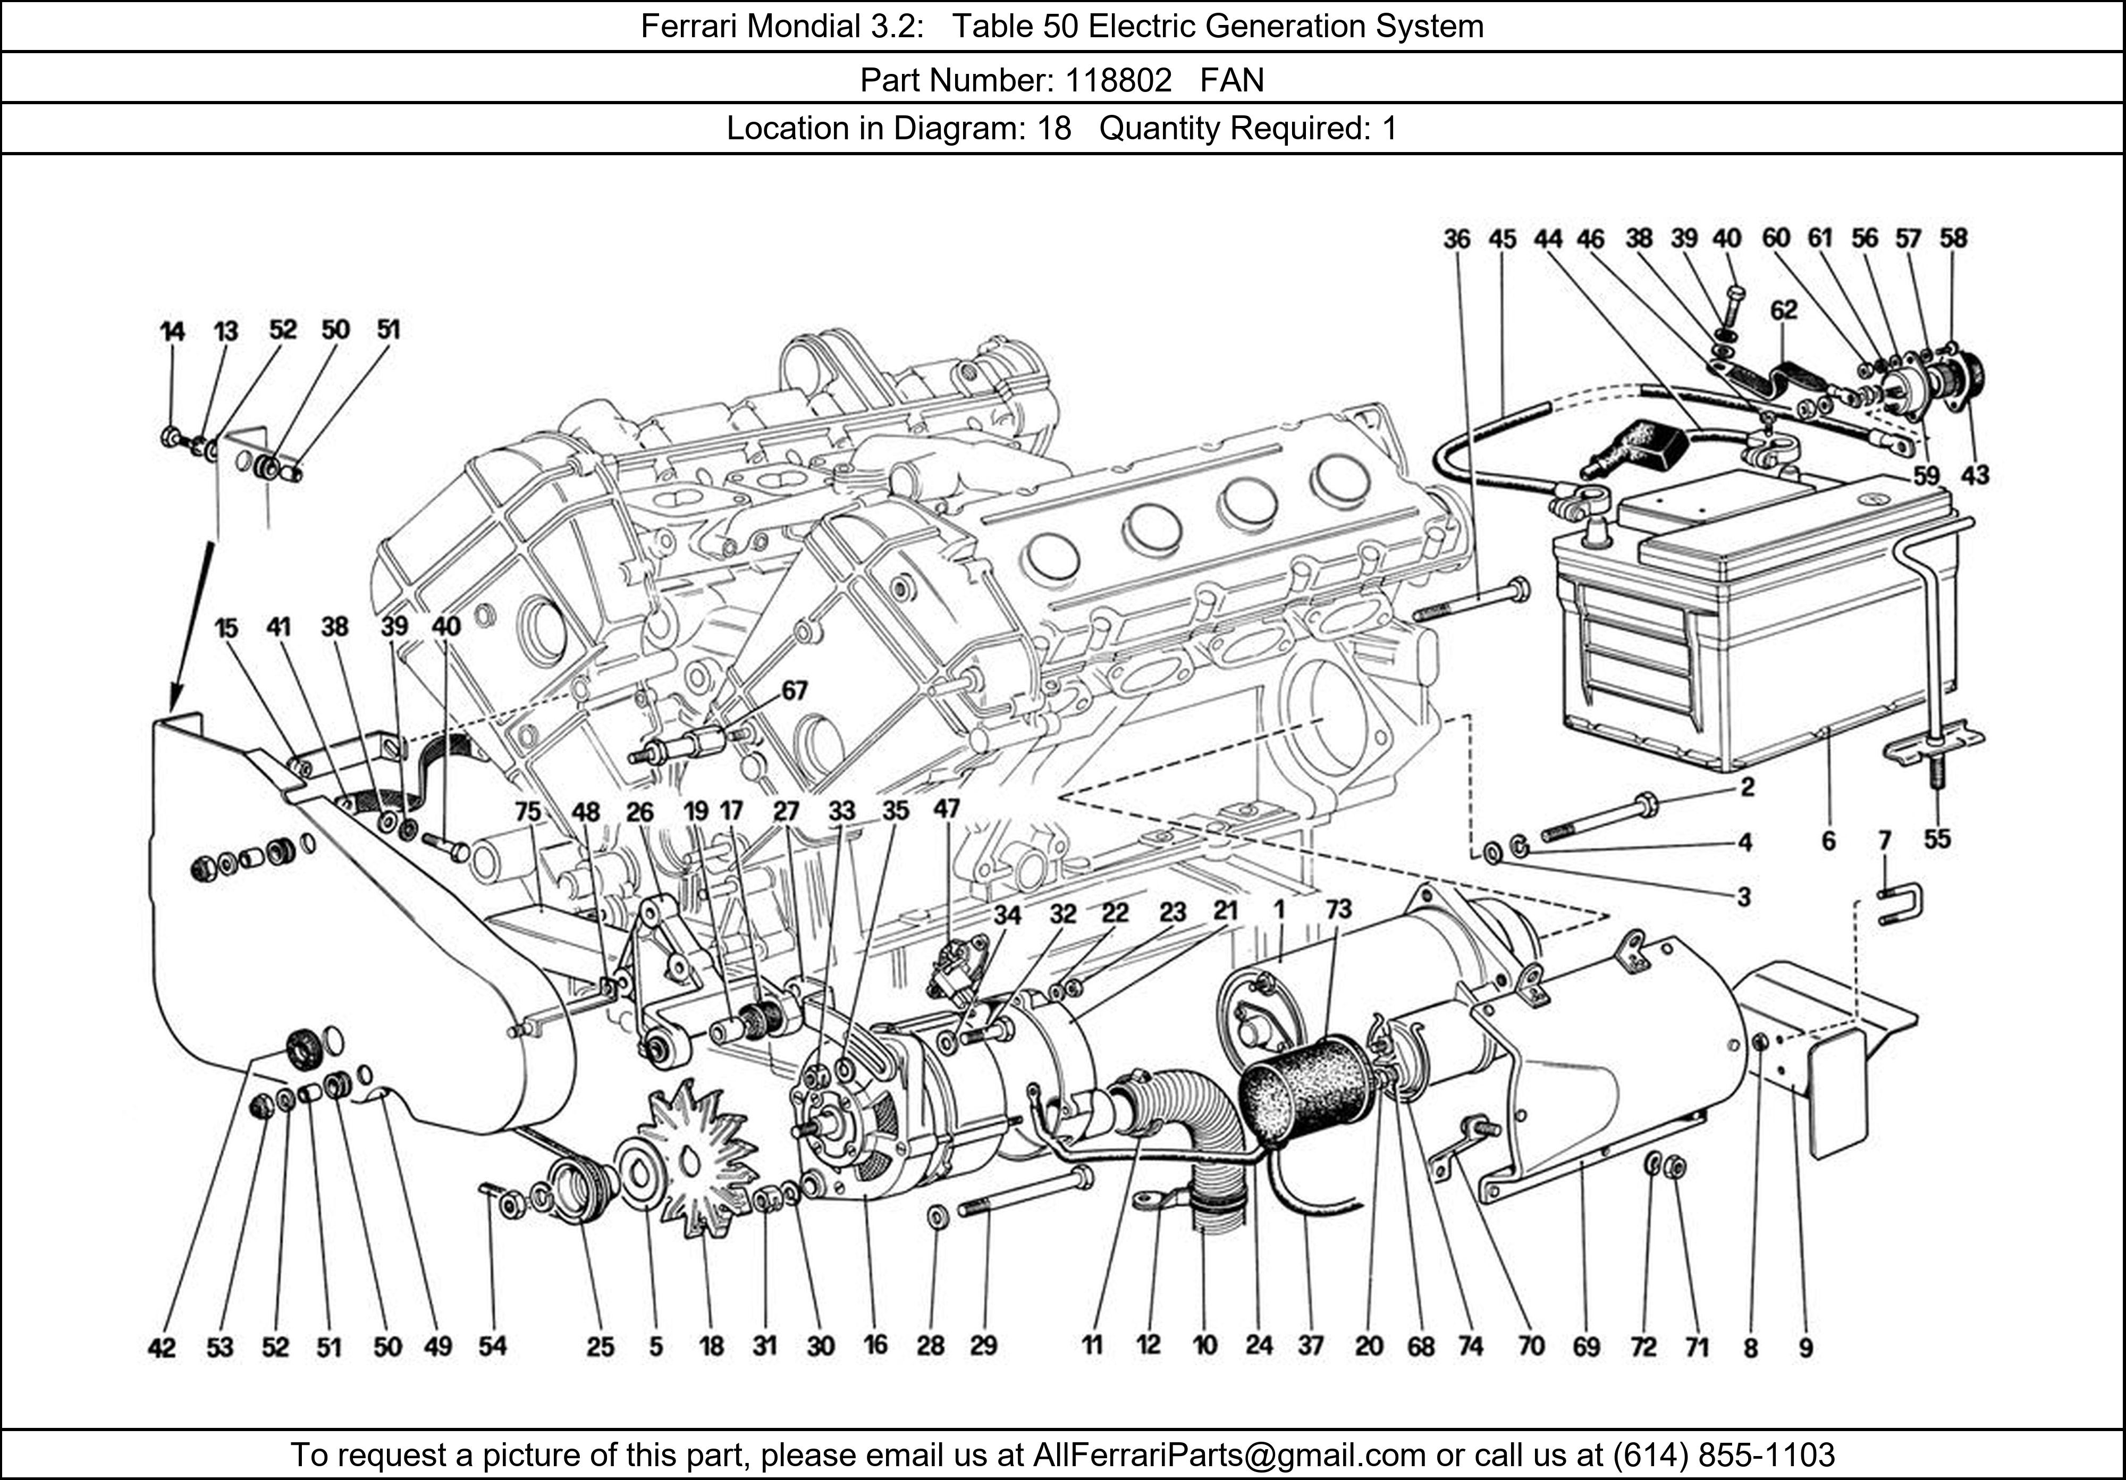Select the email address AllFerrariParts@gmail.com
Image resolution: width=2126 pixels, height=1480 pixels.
pos(1229,1455)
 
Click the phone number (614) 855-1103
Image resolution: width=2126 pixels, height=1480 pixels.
pos(1723,1455)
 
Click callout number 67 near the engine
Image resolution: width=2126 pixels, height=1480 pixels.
pos(794,691)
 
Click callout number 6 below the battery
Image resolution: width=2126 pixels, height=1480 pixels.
pos(1828,841)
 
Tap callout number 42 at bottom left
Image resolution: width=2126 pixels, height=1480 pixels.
pos(162,1348)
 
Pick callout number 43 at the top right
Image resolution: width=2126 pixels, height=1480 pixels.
pos(1974,475)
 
